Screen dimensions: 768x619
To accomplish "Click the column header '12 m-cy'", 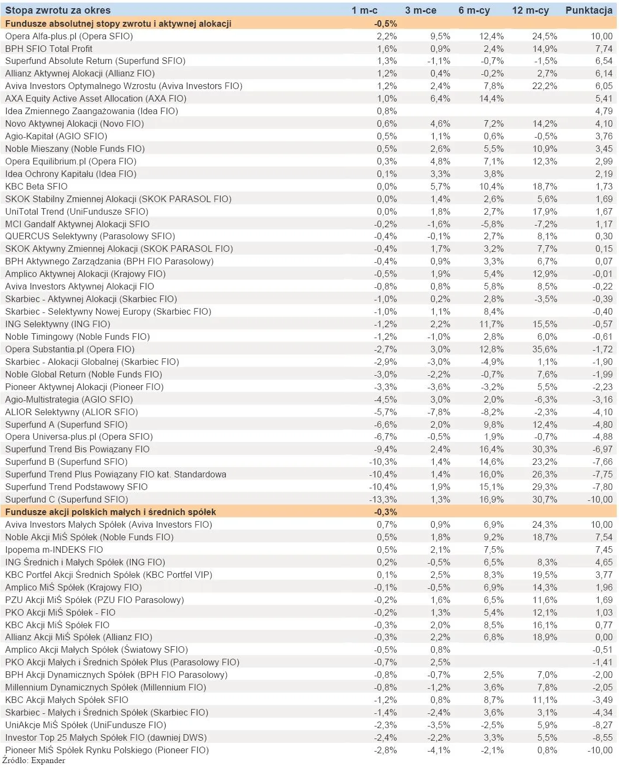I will click(530, 10).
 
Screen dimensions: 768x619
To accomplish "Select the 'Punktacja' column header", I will click(588, 10).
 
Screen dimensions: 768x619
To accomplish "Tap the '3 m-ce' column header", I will click(421, 10).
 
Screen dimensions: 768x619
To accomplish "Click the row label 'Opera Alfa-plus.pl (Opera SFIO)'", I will click(69, 36).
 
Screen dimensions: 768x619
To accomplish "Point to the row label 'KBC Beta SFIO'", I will click(36, 186).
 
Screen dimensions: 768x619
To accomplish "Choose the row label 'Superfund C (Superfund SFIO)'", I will click(67, 499).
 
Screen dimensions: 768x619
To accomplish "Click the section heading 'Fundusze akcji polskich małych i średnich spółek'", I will click(110, 512).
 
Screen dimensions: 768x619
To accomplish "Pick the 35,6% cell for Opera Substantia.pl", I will click(545, 349).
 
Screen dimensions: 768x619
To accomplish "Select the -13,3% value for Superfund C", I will click(383, 499).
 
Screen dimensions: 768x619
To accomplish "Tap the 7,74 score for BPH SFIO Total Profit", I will click(604, 49).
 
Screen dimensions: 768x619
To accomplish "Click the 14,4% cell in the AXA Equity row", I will click(491, 98).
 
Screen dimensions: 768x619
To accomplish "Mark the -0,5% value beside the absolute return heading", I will click(386, 23).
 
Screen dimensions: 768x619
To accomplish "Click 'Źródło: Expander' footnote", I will click(34, 760).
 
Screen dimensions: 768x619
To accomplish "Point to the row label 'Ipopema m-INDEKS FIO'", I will click(54, 550).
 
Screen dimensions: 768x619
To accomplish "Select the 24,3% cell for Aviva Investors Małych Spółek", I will click(545, 524).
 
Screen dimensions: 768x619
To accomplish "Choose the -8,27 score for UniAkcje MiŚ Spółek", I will click(603, 725).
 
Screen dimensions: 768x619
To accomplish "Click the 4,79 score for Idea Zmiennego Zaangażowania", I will click(604, 111).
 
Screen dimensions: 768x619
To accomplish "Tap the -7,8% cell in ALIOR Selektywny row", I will click(439, 412).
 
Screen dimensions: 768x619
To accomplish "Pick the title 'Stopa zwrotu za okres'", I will click(58, 10).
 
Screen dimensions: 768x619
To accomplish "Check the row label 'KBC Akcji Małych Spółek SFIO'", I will click(67, 700).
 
